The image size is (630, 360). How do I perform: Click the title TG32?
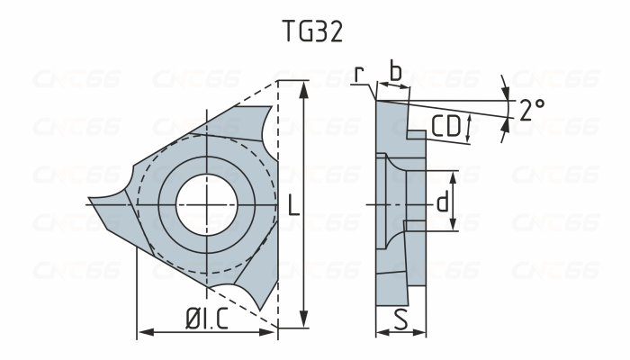pyautogui.click(x=311, y=31)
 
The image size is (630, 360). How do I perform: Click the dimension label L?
pyautogui.click(x=292, y=206)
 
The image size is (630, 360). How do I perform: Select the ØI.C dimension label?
pyautogui.click(x=206, y=319)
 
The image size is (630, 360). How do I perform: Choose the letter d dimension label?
pyautogui.click(x=442, y=202)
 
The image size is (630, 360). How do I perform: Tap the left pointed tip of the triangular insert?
pyautogui.click(x=91, y=202)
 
